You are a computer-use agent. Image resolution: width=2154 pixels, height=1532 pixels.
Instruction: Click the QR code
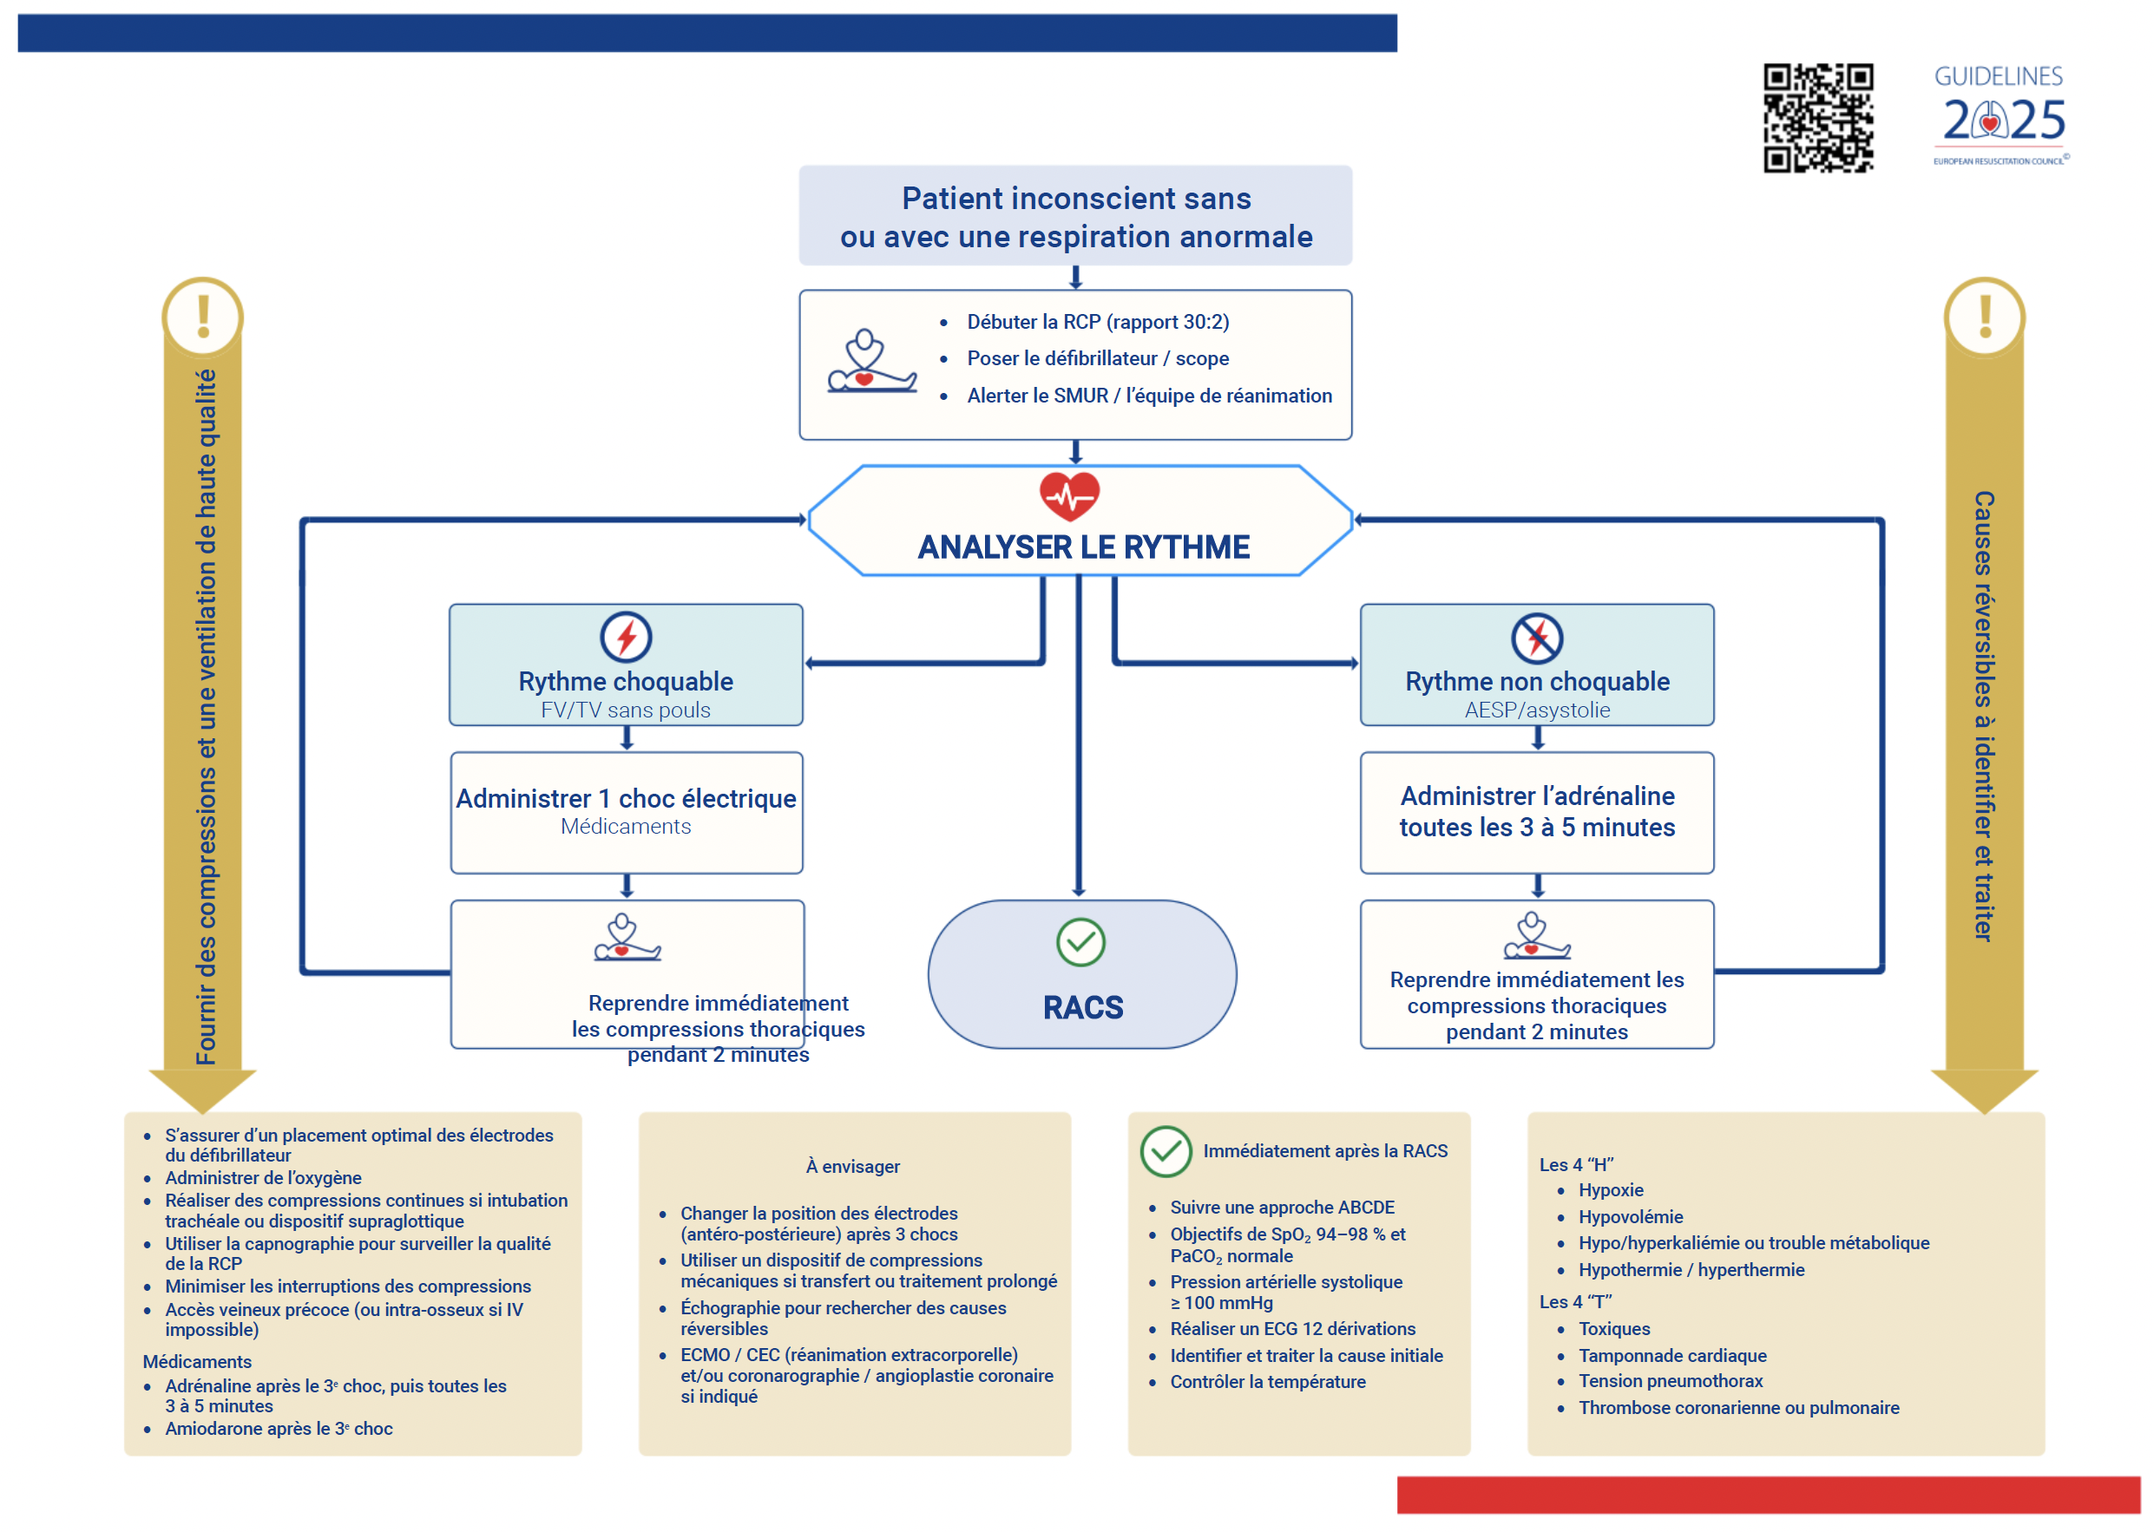pos(1817,118)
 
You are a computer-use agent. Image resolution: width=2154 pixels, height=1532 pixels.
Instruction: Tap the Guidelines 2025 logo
pos(2001,115)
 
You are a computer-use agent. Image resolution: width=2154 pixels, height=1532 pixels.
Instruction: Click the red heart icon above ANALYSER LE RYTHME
pos(1069,495)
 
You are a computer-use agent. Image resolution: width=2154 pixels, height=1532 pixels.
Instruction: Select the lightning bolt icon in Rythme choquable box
pos(626,638)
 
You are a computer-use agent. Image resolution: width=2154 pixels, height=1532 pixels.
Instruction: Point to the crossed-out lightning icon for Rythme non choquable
pos(1536,638)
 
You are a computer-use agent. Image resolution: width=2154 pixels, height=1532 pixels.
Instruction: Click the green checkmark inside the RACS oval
pos(1080,941)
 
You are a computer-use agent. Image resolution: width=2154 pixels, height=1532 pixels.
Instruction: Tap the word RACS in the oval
pos(1082,1007)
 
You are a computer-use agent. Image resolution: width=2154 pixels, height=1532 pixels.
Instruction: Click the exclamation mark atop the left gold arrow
pos(203,316)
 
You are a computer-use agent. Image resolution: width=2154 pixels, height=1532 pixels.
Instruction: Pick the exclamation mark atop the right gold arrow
pos(1984,316)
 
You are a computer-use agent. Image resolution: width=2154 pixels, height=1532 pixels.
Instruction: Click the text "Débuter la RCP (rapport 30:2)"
pos(1097,322)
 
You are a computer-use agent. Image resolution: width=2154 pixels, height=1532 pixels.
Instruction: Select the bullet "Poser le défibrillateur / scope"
pos(1097,358)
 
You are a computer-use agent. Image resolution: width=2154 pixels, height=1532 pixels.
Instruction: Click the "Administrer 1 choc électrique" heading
pos(626,798)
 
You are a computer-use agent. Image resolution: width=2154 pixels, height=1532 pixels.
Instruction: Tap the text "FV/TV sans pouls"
pos(626,710)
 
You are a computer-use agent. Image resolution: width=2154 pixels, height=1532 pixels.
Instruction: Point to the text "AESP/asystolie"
pos(1537,710)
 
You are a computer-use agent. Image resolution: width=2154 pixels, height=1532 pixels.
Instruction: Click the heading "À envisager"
pos(852,1166)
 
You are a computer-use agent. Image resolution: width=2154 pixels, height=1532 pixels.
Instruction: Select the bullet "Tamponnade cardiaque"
pos(1671,1355)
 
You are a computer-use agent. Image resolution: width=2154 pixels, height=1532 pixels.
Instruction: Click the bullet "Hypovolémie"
pos(1631,1216)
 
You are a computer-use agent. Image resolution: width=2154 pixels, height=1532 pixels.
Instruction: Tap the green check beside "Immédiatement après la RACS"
pos(1166,1151)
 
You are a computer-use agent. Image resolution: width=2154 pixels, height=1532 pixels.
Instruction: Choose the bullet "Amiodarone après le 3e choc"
pos(279,1428)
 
